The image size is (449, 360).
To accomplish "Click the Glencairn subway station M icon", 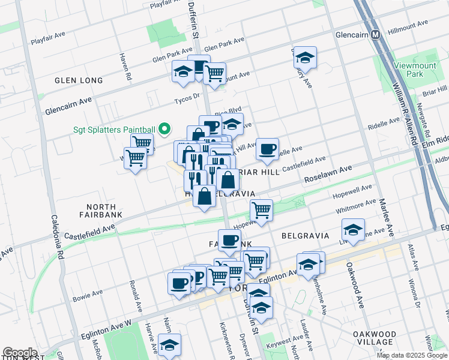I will click(x=376, y=34).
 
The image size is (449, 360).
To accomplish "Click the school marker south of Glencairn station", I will click(x=306, y=58).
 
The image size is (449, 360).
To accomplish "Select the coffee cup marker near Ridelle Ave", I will click(x=267, y=148).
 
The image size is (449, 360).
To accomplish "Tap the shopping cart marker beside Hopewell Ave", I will click(x=261, y=210).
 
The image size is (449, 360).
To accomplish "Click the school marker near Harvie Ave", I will click(x=169, y=344).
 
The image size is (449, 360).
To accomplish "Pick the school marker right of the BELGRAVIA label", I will click(x=353, y=229).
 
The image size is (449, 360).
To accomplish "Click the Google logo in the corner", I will click(x=20, y=353).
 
